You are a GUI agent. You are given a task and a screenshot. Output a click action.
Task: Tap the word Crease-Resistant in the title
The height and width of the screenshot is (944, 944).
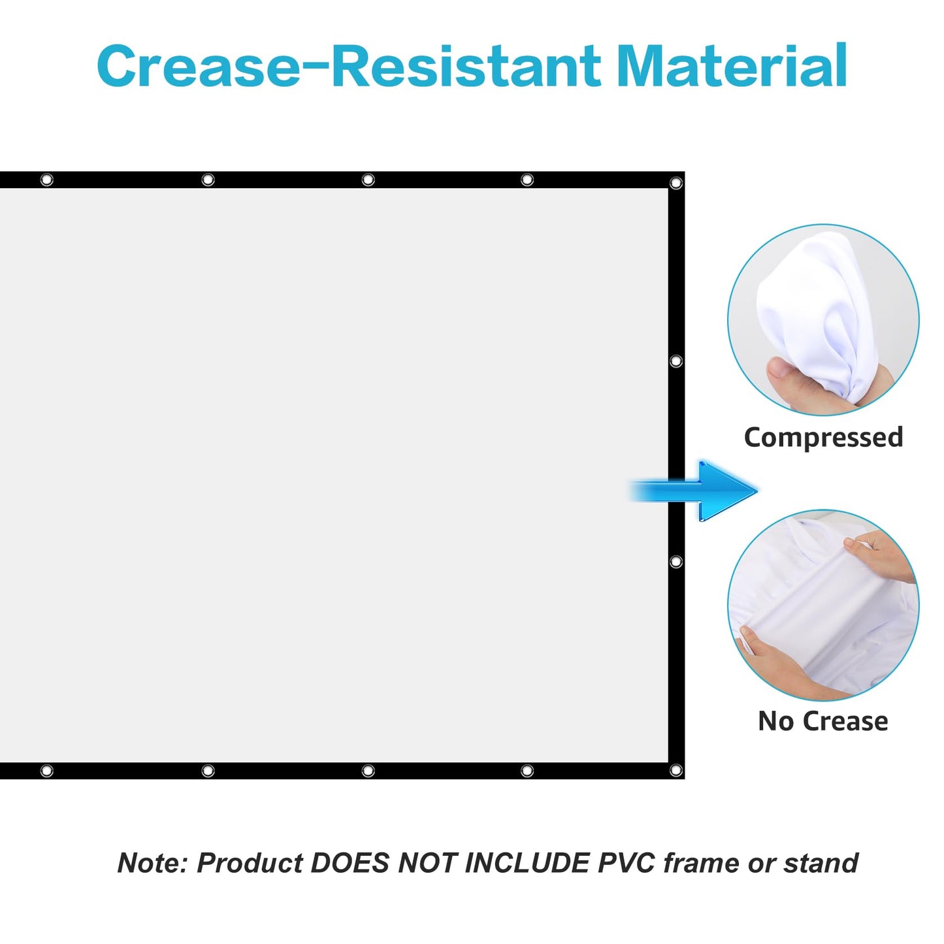coord(349,65)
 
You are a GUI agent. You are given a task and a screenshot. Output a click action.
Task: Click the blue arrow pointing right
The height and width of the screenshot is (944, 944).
coord(692,491)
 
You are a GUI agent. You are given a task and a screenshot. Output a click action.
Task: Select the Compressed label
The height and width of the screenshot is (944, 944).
coord(823,438)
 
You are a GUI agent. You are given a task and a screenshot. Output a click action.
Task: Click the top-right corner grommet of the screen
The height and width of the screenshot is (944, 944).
coord(675,183)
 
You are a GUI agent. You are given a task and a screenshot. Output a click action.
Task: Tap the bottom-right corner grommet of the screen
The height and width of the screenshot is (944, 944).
coord(675,770)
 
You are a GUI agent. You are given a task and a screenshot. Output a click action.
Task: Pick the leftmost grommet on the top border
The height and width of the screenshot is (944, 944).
coord(46,180)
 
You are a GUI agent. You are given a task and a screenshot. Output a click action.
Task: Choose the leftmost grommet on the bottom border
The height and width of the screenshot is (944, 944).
coord(46,771)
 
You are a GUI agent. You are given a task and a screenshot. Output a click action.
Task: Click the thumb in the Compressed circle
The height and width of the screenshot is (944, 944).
coord(787,375)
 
